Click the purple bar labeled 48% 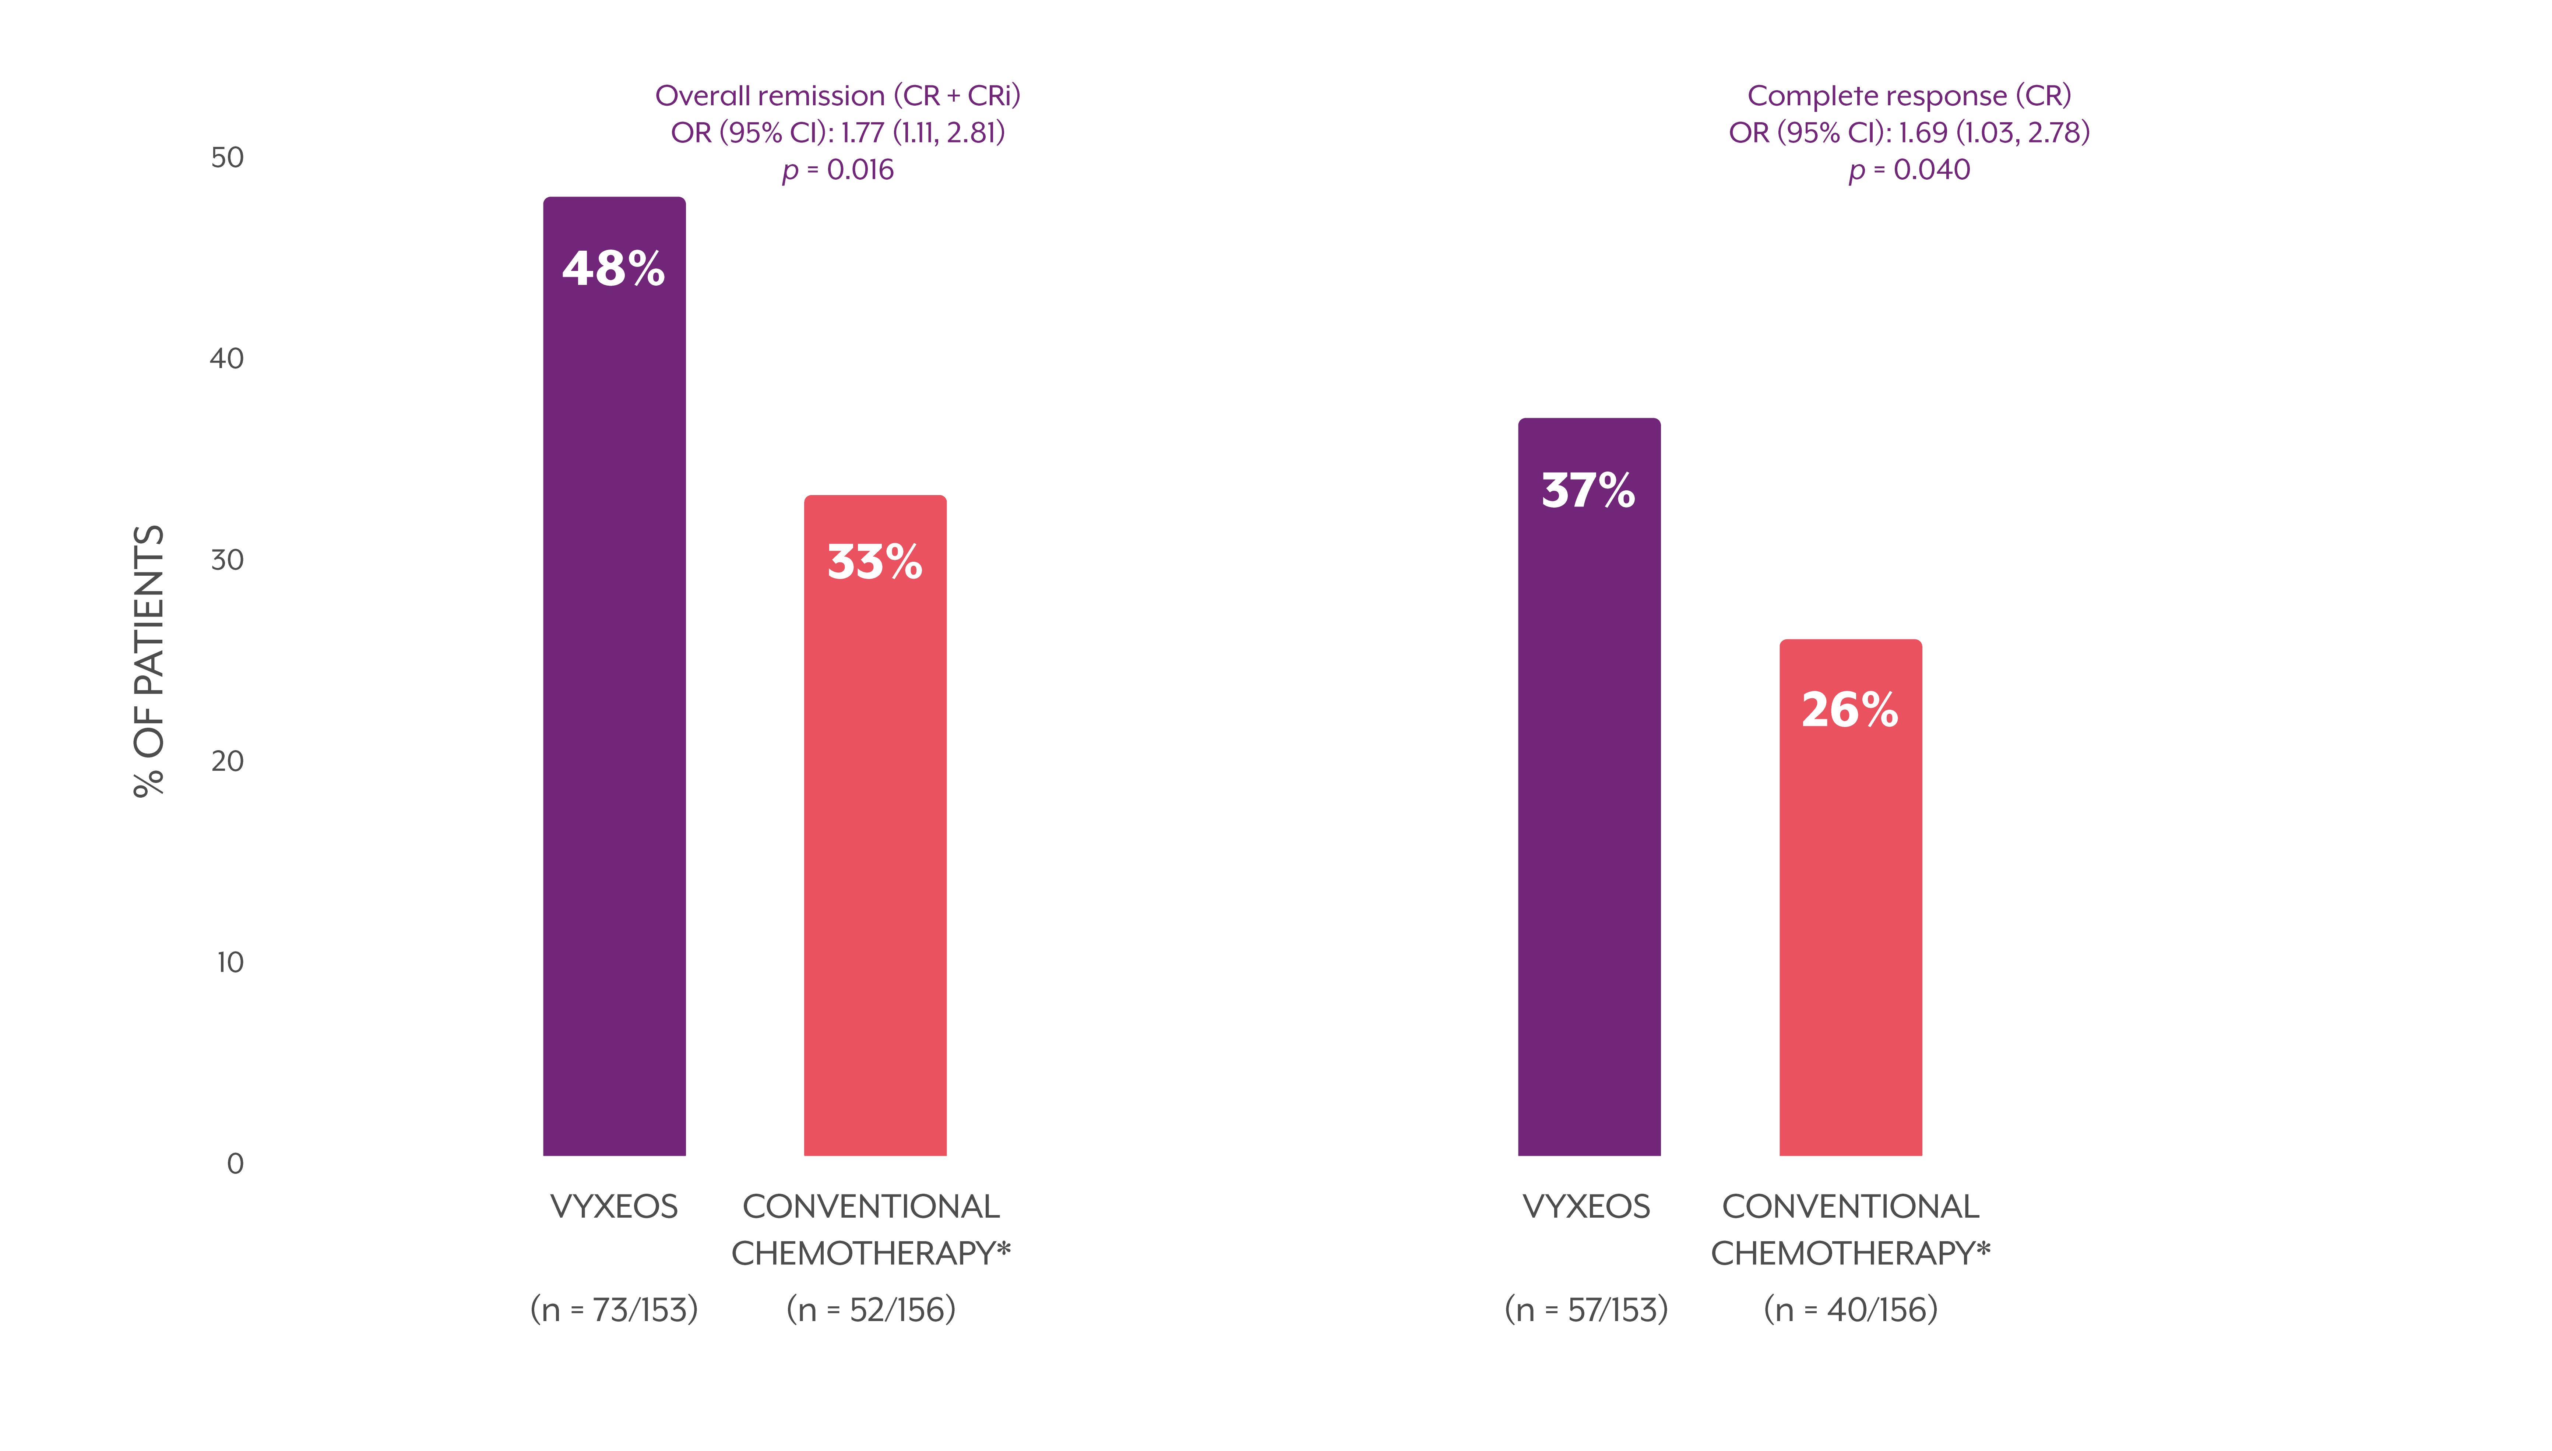(614, 678)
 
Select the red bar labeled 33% (875, 827)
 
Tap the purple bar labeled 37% (1589, 787)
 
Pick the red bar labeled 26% (1850, 897)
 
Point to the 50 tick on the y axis (227, 158)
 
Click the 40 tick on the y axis (227, 359)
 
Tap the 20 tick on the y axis (227, 760)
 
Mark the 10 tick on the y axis (229, 962)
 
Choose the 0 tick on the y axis (235, 1163)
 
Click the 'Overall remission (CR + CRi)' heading (837, 96)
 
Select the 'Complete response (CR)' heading (1909, 96)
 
